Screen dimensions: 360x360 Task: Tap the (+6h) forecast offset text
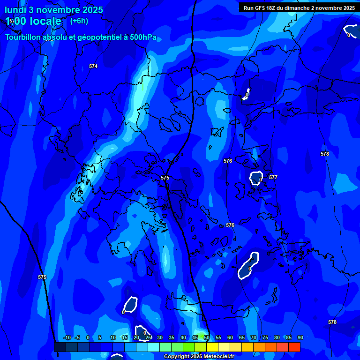[x=79, y=21]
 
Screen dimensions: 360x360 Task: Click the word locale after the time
[x=45, y=21]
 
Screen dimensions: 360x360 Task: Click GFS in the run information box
[x=259, y=8]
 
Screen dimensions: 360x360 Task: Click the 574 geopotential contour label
[x=93, y=67]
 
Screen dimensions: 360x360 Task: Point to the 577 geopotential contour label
[x=273, y=178]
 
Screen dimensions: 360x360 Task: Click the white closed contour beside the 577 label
[x=256, y=178]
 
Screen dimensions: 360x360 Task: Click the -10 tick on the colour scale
[x=67, y=337]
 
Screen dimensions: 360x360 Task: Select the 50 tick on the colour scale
[x=207, y=337]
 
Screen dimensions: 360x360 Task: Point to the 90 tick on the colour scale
[x=300, y=337]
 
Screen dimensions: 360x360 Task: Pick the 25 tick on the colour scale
[x=148, y=337]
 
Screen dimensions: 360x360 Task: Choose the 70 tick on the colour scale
[x=254, y=337]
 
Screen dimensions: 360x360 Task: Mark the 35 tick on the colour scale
[x=172, y=337]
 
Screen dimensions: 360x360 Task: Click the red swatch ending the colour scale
[x=294, y=347]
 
